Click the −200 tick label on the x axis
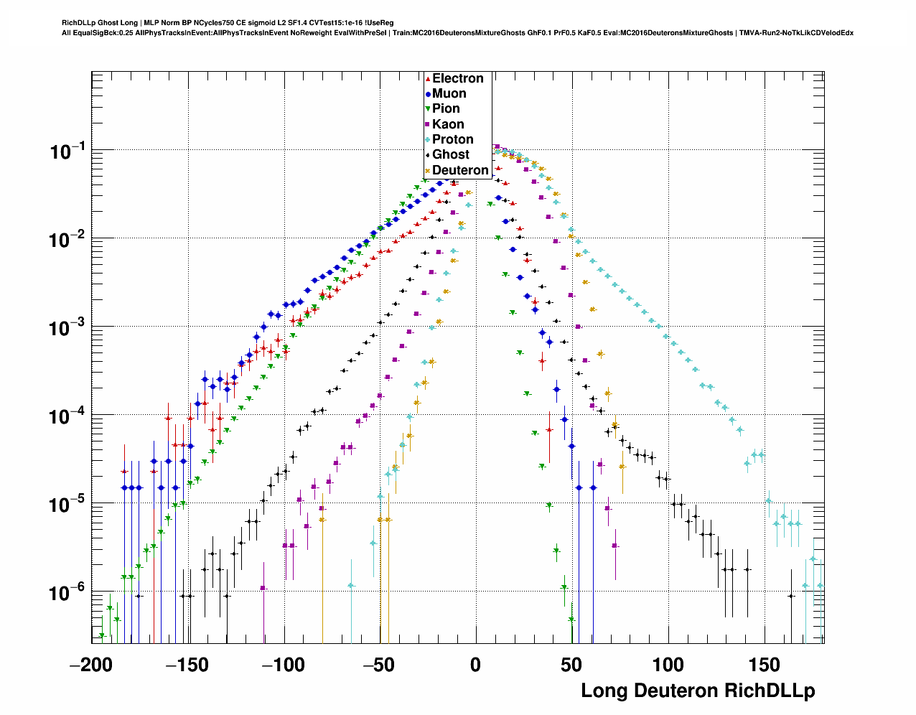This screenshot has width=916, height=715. [x=91, y=665]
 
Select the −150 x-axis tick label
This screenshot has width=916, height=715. [x=187, y=665]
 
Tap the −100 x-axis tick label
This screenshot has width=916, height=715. [x=284, y=665]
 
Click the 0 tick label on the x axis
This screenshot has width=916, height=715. [x=475, y=665]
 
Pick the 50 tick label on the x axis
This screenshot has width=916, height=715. [x=571, y=665]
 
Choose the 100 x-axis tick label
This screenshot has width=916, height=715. [x=668, y=665]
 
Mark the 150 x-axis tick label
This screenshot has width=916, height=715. [x=764, y=665]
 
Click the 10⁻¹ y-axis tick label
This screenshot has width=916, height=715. [x=67, y=151]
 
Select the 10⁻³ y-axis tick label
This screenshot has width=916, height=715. [x=67, y=327]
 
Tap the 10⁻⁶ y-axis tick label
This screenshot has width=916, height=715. [x=67, y=592]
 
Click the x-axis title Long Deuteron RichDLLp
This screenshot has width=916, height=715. [x=698, y=691]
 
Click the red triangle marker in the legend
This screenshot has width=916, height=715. [x=428, y=79]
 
